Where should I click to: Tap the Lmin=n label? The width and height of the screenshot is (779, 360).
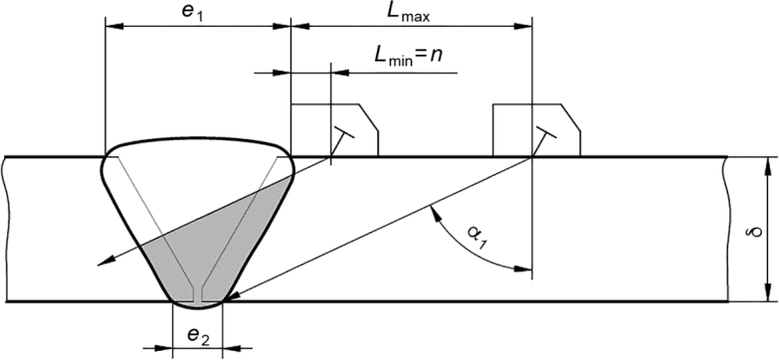[408, 54]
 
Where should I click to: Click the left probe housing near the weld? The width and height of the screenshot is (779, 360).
[335, 130]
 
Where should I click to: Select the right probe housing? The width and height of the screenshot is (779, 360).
[536, 130]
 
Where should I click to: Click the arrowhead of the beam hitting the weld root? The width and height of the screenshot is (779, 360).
[233, 297]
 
